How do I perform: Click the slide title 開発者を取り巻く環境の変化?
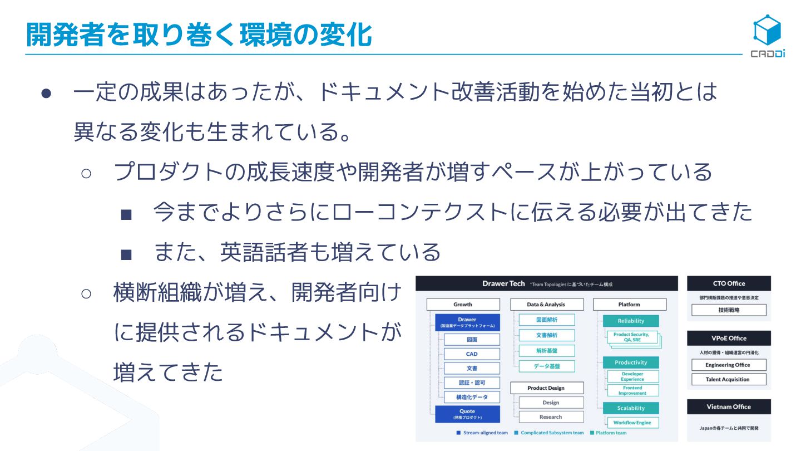(199, 35)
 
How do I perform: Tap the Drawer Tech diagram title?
(503, 283)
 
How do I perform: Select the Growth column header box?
(462, 305)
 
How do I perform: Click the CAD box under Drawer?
(472, 354)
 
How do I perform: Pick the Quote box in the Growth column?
(467, 414)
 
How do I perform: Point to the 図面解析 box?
(547, 320)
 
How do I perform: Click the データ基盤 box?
(547, 366)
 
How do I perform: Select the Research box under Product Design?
(551, 416)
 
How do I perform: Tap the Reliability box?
(631, 321)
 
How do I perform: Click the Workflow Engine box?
(632, 423)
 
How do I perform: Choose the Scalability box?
(631, 408)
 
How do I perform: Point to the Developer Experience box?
(632, 376)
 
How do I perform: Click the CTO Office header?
(729, 283)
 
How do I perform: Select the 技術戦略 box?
(729, 310)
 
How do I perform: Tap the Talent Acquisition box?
(729, 379)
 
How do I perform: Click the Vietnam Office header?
(729, 406)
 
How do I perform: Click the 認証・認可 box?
(472, 383)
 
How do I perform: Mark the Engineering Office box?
(729, 365)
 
